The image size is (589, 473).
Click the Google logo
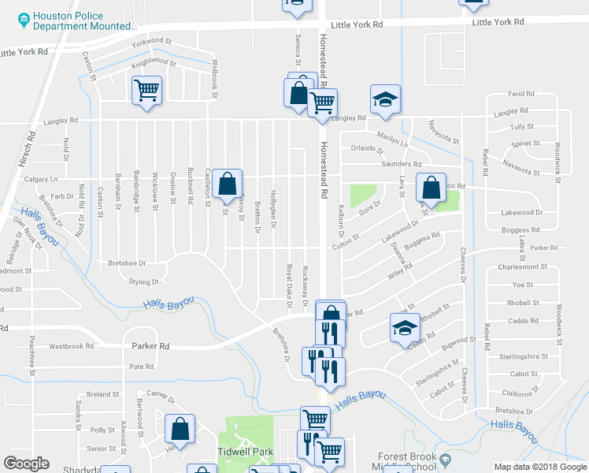click(27, 464)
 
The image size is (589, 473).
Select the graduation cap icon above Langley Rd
click(385, 99)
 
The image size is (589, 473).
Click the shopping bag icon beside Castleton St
click(227, 184)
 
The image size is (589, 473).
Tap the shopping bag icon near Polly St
click(180, 430)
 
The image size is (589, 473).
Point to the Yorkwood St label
click(152, 40)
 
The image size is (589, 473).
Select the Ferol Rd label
click(521, 94)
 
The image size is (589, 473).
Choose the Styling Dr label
click(143, 281)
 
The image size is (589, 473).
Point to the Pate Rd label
click(141, 367)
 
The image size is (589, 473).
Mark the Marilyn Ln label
click(392, 138)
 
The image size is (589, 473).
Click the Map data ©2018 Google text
click(539, 467)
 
